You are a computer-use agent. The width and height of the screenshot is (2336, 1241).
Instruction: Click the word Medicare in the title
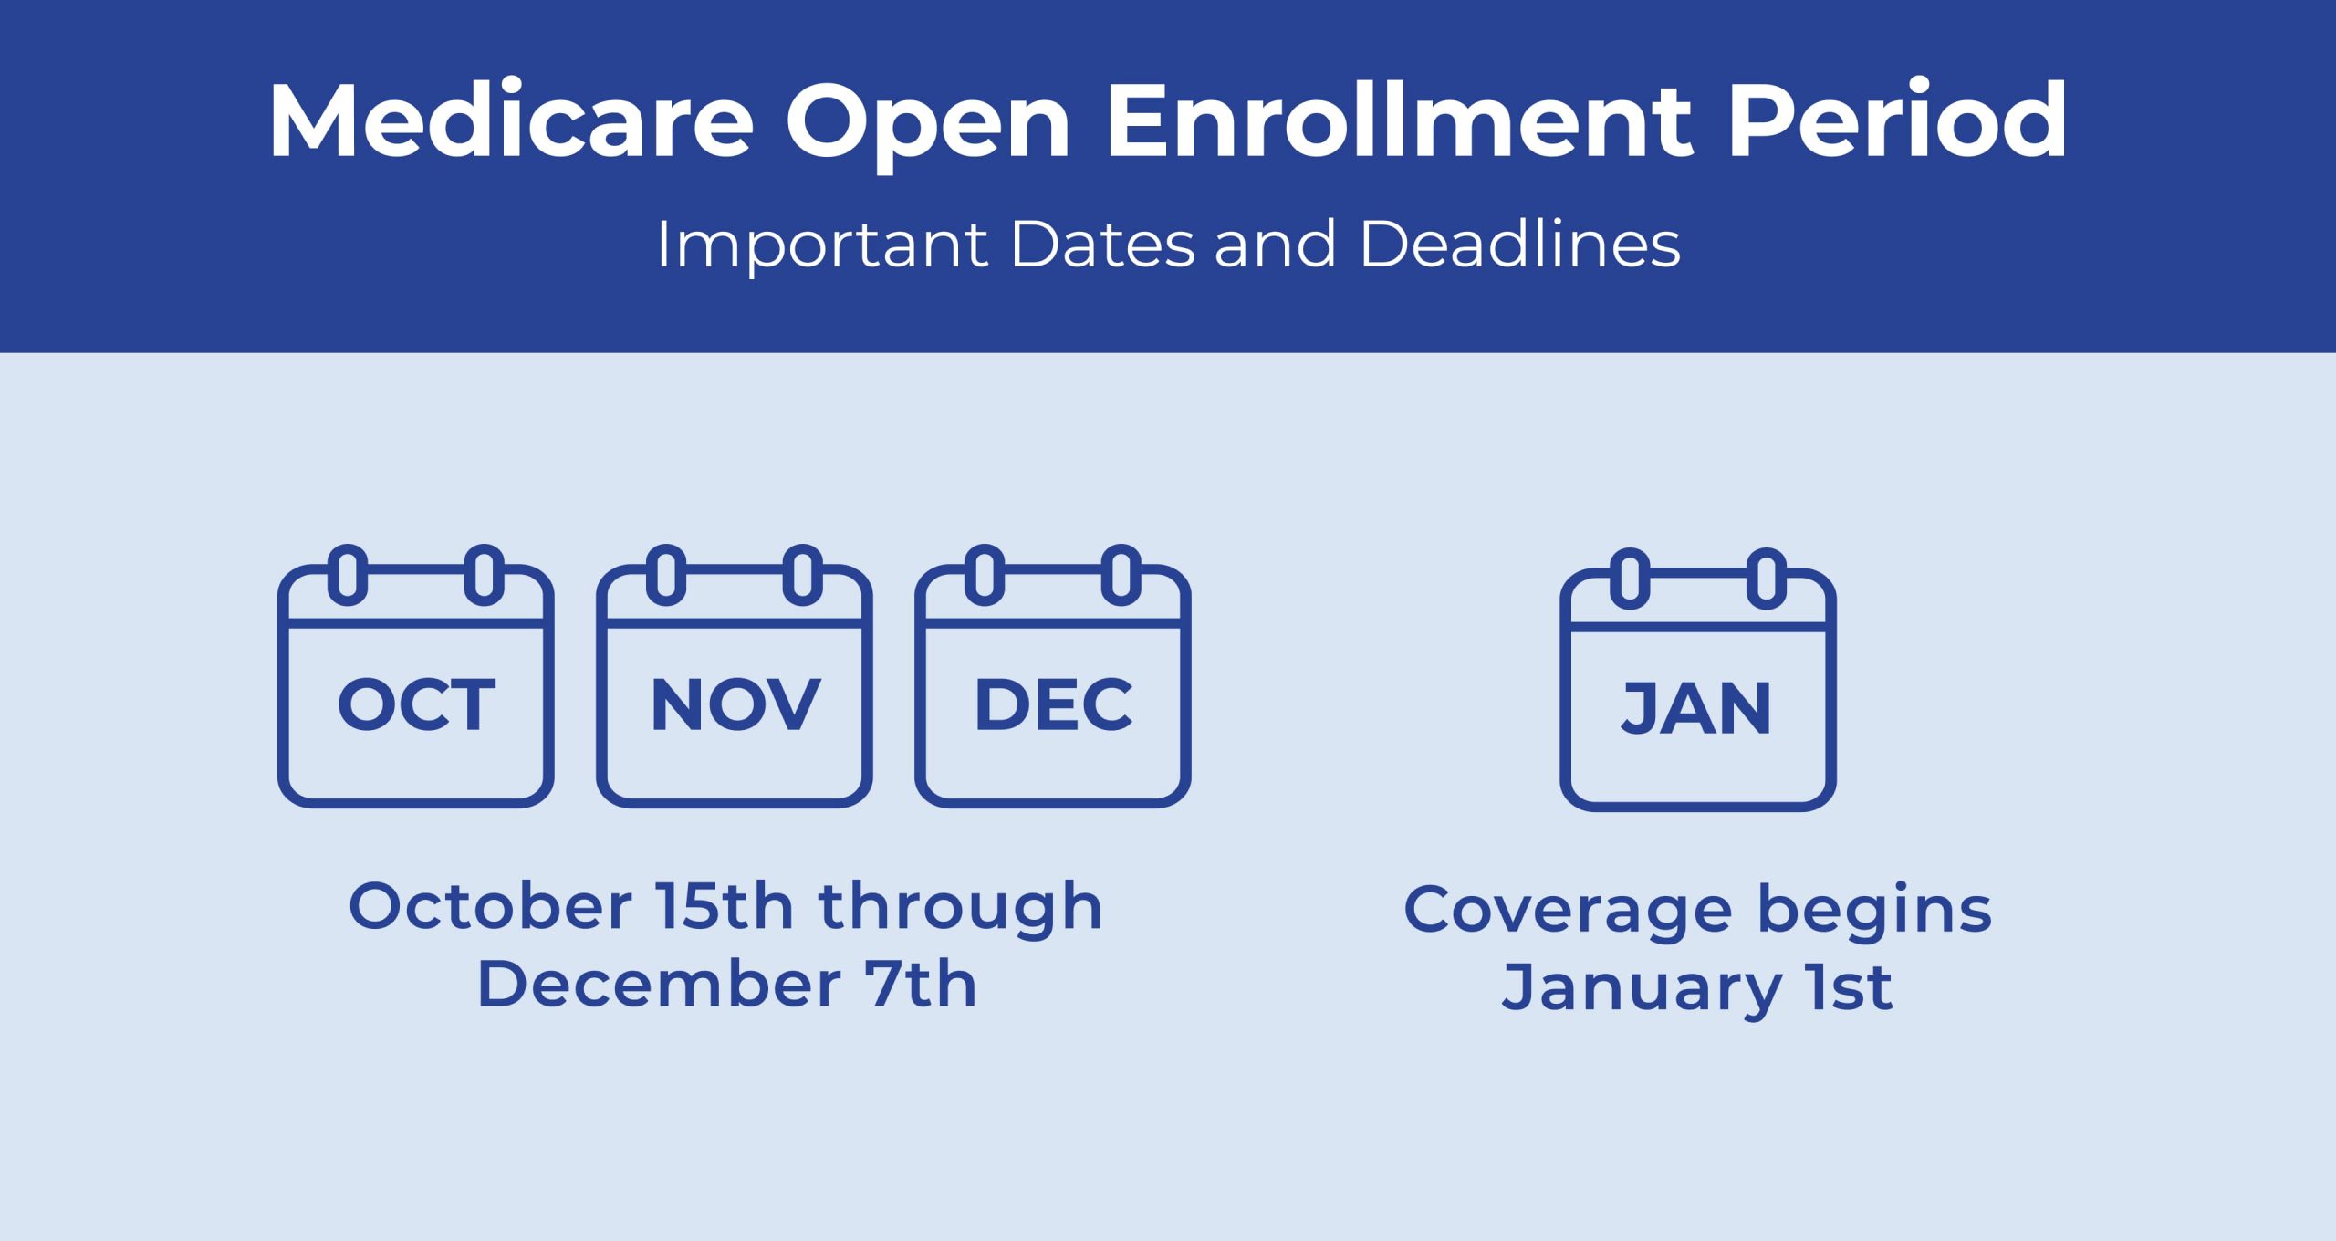point(512,121)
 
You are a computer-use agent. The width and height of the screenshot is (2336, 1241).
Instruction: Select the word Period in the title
point(1897,120)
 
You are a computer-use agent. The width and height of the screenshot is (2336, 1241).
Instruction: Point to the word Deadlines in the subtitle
point(1520,244)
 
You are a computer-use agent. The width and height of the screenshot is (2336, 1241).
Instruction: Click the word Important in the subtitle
point(822,246)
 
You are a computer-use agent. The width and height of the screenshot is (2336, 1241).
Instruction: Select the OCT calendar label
point(416,704)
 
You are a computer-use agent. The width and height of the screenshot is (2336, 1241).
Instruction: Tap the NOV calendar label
point(735,704)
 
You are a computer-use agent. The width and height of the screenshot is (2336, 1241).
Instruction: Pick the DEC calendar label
point(1054,704)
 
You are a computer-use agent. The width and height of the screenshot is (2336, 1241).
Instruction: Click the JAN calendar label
point(1696,709)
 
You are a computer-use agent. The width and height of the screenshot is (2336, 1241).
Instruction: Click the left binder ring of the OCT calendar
point(348,575)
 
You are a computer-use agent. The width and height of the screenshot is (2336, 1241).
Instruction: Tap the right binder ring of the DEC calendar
point(1121,575)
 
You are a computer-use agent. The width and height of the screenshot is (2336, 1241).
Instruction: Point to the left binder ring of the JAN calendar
point(1631,579)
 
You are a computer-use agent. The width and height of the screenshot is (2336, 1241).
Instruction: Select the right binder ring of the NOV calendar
point(803,575)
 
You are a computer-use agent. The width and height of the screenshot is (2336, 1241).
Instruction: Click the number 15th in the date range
point(725,906)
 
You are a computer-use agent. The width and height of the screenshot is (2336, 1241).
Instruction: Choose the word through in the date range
point(961,909)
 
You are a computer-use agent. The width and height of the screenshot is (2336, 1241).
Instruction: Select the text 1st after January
point(1853,987)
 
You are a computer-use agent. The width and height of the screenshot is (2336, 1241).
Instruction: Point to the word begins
point(1875,912)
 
